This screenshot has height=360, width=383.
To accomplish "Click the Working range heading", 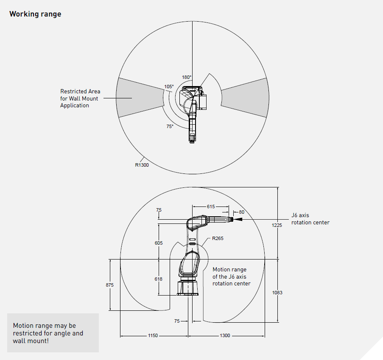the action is click(x=35, y=14).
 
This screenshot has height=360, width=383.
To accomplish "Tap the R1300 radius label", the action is click(x=142, y=165).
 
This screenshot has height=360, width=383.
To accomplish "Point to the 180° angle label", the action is click(x=187, y=77).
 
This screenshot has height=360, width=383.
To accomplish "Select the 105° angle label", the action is click(x=169, y=87).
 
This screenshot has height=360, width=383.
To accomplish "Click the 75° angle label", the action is click(x=170, y=126).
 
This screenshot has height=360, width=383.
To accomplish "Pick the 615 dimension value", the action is click(x=211, y=207).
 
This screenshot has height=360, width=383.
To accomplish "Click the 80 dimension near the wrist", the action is click(x=242, y=212).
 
